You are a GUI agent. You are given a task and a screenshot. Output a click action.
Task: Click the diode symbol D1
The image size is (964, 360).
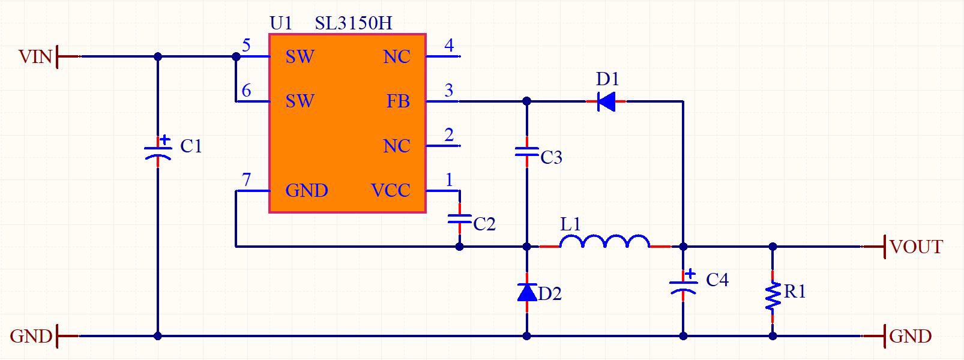(606, 101)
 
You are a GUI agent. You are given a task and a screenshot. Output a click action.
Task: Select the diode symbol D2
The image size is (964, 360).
(527, 292)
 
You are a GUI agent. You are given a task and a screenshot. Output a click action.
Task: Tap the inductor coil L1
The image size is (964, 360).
(604, 242)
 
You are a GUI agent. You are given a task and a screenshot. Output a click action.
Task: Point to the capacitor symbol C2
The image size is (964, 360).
(460, 219)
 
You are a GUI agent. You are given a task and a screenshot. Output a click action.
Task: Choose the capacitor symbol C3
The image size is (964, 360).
(527, 152)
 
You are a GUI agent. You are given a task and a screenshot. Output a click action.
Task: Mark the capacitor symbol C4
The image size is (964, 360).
(683, 284)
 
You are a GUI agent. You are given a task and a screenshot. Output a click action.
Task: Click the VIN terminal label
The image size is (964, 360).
(35, 57)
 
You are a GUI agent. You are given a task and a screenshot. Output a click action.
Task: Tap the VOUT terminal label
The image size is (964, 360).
(916, 247)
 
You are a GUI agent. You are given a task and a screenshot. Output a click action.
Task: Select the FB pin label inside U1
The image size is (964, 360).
(398, 101)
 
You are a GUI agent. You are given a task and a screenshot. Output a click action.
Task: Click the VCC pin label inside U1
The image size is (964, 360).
(391, 191)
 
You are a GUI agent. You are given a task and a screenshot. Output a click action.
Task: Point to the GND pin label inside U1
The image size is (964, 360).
(307, 191)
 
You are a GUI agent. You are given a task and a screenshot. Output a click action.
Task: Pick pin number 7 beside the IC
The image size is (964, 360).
(246, 179)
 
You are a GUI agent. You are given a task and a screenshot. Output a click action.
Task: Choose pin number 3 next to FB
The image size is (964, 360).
(449, 91)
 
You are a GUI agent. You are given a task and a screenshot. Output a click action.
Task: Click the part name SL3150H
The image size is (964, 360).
(354, 23)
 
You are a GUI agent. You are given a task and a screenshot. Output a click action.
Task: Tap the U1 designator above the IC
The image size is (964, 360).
(281, 23)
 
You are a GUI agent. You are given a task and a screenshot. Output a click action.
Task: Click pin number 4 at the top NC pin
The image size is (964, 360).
(449, 46)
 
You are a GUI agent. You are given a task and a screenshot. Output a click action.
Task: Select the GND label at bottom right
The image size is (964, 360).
(911, 336)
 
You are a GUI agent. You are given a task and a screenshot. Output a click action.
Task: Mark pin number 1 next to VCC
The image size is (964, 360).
(449, 179)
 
